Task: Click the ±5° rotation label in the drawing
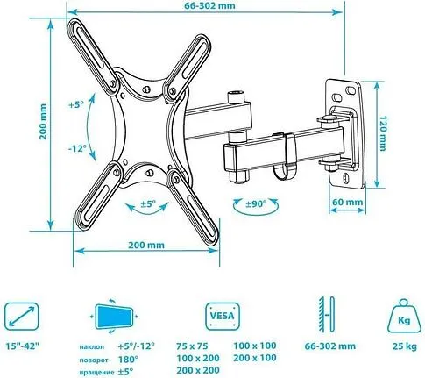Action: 150,207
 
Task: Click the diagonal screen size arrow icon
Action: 21,314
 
